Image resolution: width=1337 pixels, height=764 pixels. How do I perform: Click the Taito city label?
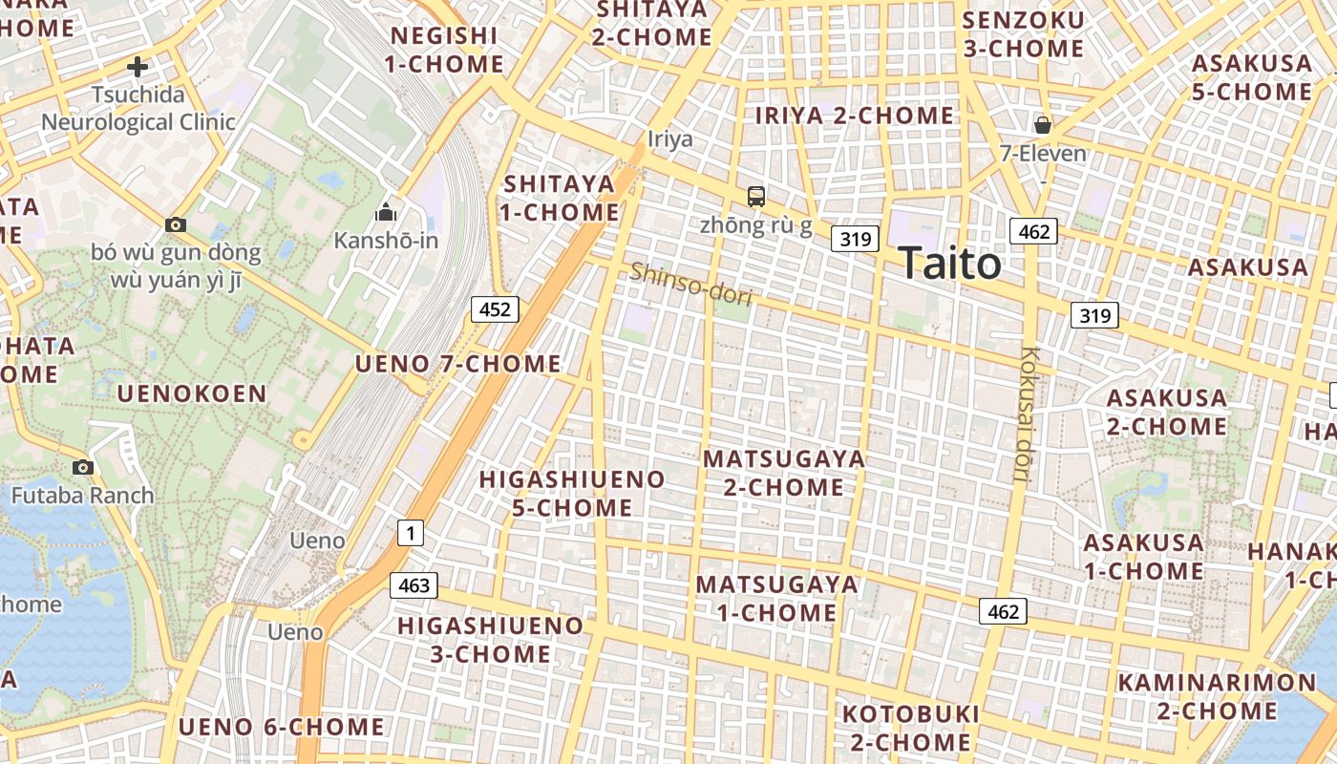click(x=949, y=264)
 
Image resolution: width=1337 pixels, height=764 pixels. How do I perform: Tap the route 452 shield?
click(x=495, y=308)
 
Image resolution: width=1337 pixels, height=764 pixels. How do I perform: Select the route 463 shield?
click(x=414, y=584)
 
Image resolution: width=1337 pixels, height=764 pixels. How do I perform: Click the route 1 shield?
click(x=410, y=533)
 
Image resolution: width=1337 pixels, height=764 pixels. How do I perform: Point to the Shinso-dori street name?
click(x=690, y=284)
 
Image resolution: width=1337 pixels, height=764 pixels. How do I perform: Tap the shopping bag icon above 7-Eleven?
click(x=1043, y=125)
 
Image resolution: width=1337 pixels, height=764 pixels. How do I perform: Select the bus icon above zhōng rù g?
click(x=756, y=197)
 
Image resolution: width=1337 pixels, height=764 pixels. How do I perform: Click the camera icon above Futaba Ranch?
click(x=83, y=467)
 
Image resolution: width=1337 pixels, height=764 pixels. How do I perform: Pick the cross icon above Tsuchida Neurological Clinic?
click(x=138, y=67)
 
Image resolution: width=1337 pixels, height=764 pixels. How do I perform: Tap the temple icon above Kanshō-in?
click(x=386, y=211)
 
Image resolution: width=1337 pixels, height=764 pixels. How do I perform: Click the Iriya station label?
click(x=670, y=139)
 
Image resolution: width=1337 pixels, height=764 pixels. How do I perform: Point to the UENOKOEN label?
click(x=192, y=393)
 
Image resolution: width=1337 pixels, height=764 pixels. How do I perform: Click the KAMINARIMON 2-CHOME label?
click(x=1217, y=696)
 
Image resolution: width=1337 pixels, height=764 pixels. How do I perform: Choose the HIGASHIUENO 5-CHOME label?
click(x=572, y=493)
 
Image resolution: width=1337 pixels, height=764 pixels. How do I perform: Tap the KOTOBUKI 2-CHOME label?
click(x=910, y=728)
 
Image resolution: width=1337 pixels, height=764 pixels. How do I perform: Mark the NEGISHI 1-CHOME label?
click(x=444, y=50)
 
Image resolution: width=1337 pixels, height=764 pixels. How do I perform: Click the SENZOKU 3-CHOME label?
click(x=1023, y=34)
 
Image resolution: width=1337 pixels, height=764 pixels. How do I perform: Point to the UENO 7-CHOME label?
click(x=458, y=364)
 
